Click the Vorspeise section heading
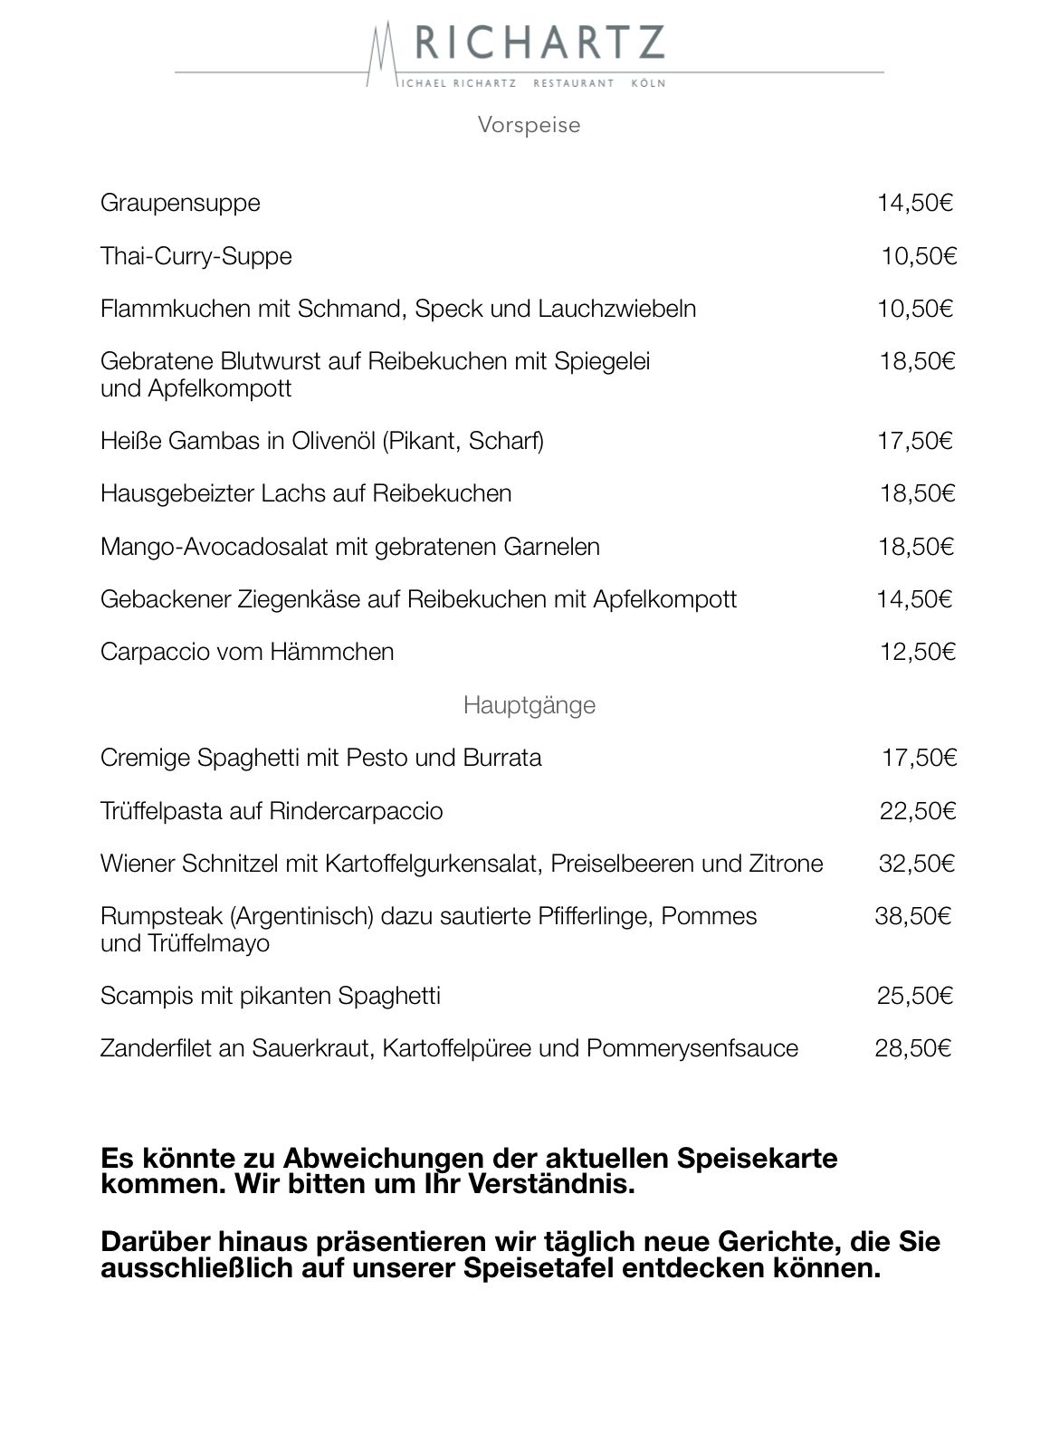pyautogui.click(x=529, y=124)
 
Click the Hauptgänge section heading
pyautogui.click(x=529, y=704)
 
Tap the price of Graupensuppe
pyautogui.click(x=914, y=203)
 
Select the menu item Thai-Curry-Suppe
pyautogui.click(x=196, y=256)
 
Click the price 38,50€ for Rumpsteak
pyautogui.click(x=912, y=916)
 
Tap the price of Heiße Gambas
pyautogui.click(x=914, y=441)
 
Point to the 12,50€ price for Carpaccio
pyautogui.click(x=917, y=652)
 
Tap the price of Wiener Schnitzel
pyautogui.click(x=916, y=864)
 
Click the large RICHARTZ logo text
pyautogui.click(x=539, y=43)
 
